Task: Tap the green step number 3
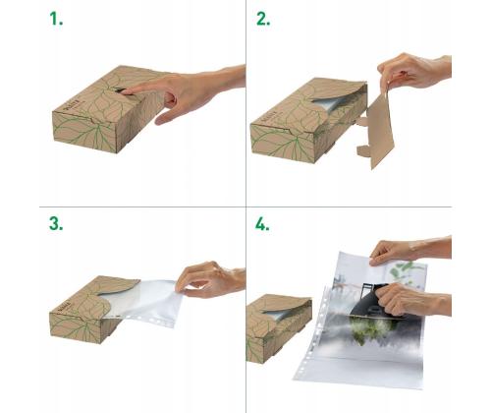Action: tap(56, 224)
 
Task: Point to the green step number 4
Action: tap(262, 224)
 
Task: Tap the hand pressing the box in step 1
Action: tap(191, 93)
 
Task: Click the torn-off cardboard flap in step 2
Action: tap(378, 128)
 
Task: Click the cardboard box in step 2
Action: tap(295, 128)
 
